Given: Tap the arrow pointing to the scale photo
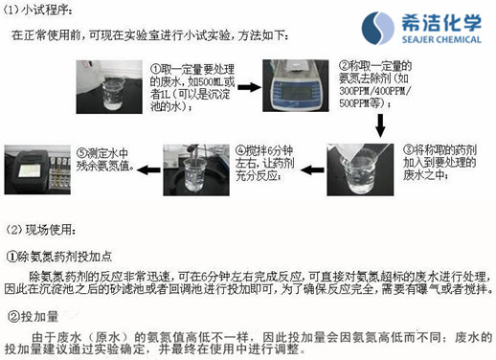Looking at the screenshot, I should click(248, 87).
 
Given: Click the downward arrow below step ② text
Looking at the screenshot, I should click(380, 124).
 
